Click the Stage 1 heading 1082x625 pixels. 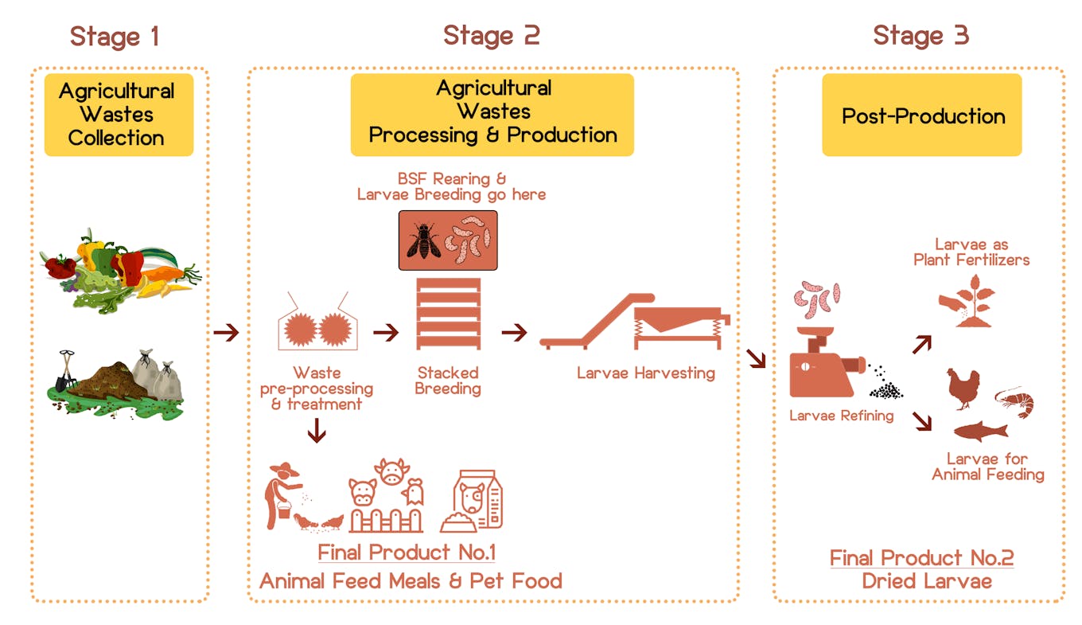click(115, 36)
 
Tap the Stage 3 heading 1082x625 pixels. click(920, 35)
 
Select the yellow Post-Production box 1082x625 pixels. click(921, 115)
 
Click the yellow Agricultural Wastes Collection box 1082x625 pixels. click(119, 114)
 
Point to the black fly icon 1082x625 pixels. click(422, 239)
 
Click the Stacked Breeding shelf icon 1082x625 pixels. click(448, 314)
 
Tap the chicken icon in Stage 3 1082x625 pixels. click(963, 389)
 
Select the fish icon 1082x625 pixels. click(980, 432)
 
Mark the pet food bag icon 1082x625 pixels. click(473, 502)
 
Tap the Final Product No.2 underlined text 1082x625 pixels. click(921, 557)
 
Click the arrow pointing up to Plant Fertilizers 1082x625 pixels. click(921, 344)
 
